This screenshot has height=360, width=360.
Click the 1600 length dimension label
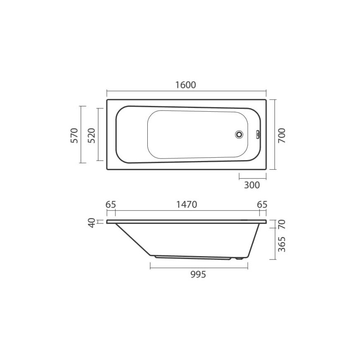point(186,85)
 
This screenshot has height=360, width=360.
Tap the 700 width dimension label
point(282,136)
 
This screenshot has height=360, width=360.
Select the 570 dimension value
point(74,135)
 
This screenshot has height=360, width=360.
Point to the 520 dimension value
point(91,135)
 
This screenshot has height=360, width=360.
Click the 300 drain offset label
point(252,185)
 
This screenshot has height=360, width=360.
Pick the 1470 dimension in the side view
point(187,204)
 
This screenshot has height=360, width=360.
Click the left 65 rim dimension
point(111,204)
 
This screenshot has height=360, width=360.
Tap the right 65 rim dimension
point(262,204)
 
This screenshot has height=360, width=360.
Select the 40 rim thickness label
point(92,223)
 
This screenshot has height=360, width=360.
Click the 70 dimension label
point(282,224)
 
